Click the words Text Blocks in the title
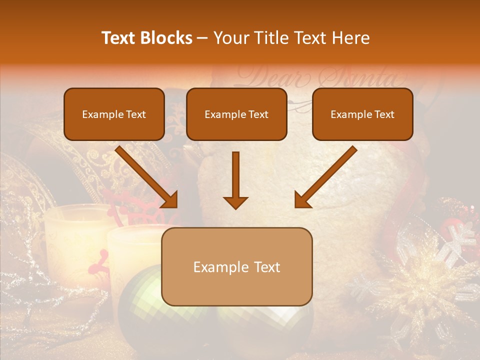point(146,38)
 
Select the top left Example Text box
point(114,114)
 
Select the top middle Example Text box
point(236,114)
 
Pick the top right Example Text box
point(362,114)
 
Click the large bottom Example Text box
point(237,266)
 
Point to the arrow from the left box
point(147,177)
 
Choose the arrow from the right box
point(325,177)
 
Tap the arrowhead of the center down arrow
point(235,202)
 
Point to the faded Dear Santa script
point(320,77)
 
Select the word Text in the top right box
point(384,114)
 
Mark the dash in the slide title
point(202,38)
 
